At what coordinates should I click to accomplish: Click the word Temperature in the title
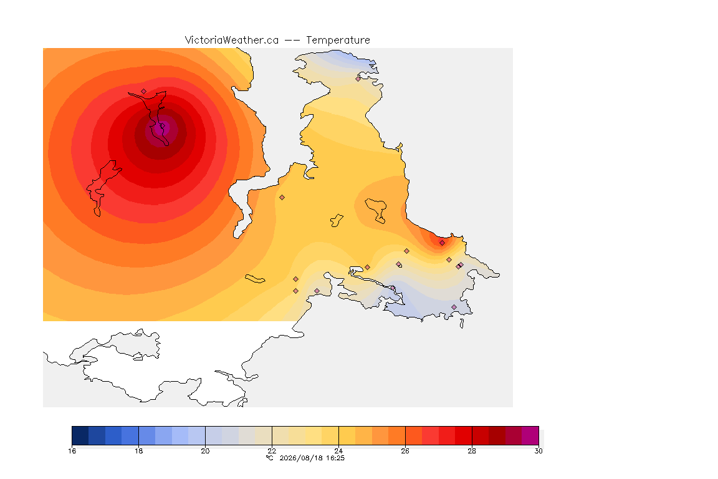coord(338,41)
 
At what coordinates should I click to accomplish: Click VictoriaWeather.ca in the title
coord(232,41)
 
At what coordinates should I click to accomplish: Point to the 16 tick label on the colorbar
coord(72,451)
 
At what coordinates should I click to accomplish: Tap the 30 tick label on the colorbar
coord(538,451)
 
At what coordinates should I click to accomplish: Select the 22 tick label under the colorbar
coord(272,451)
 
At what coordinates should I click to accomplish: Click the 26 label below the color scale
coord(405,451)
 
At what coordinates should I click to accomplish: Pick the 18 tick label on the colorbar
coord(139,451)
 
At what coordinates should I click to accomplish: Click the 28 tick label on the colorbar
coord(472,451)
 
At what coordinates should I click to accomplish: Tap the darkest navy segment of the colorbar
coord(80,435)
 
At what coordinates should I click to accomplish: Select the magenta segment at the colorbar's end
coord(530,435)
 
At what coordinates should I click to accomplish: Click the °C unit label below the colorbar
coord(270,458)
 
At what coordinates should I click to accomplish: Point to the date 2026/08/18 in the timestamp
coord(301,458)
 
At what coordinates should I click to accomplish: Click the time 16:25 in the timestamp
coord(335,458)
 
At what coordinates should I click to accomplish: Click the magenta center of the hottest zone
coord(160,130)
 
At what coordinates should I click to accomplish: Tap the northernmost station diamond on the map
coord(358,79)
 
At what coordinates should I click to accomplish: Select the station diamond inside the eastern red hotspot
coord(442,243)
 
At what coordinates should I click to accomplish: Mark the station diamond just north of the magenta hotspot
coord(144,91)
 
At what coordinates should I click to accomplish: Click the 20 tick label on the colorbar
coord(205,451)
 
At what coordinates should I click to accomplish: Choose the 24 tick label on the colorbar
coord(338,451)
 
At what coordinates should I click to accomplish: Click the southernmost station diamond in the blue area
coord(454,307)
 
